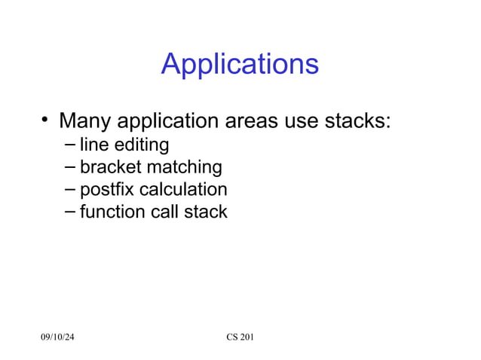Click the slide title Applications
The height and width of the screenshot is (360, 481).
pyautogui.click(x=240, y=65)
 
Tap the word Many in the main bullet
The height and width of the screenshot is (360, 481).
pyautogui.click(x=84, y=121)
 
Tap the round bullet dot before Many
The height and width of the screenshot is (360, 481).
pyautogui.click(x=46, y=120)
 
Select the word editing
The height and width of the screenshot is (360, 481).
pyautogui.click(x=139, y=145)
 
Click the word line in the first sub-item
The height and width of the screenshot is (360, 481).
pyautogui.click(x=93, y=144)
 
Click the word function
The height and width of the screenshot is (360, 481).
pyautogui.click(x=110, y=212)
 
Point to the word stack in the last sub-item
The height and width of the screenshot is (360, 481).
pyautogui.click(x=206, y=212)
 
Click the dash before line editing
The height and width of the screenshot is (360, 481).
pyautogui.click(x=70, y=144)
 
